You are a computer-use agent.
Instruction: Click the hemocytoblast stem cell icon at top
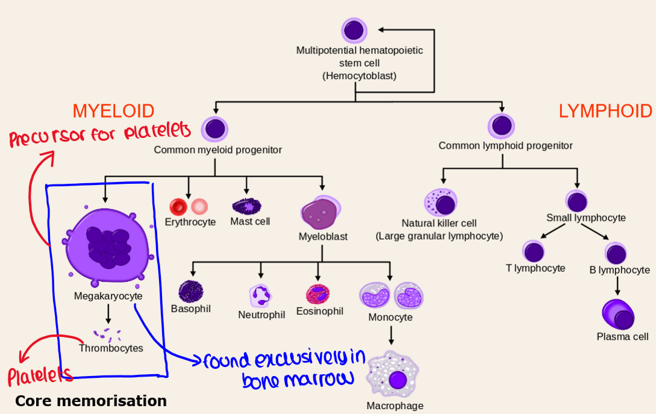coord(354,30)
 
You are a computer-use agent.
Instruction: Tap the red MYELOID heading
coord(113,111)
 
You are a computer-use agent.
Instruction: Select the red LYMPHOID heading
coord(605,111)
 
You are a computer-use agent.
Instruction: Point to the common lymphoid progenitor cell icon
coord(500,126)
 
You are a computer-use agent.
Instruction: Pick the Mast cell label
coord(250,222)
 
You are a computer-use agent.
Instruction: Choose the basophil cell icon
coord(191,292)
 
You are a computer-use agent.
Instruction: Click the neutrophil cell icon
coord(260,295)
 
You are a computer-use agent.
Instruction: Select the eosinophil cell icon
coord(317,293)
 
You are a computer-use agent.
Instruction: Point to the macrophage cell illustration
coord(393,377)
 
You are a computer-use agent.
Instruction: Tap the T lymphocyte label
coord(536,269)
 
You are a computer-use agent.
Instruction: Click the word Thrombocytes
coord(111,348)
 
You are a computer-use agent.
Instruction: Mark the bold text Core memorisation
coord(90,401)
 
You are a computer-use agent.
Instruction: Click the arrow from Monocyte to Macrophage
coord(392,335)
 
